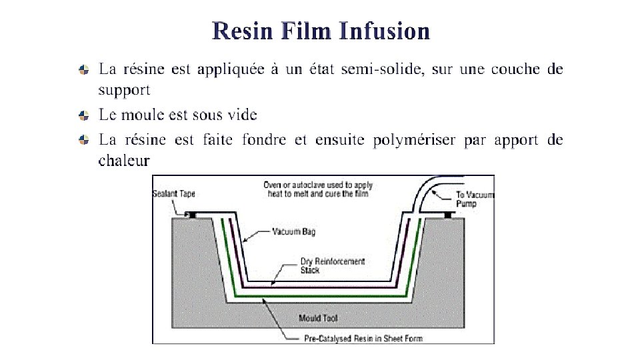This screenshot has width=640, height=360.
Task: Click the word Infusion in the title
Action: pyautogui.click(x=384, y=31)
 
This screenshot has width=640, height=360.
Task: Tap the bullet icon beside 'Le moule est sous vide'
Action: pyautogui.click(x=83, y=115)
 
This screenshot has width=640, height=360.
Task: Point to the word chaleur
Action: pyautogui.click(x=124, y=161)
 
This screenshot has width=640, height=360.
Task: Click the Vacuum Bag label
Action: pyautogui.click(x=293, y=232)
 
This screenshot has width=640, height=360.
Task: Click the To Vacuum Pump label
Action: pyautogui.click(x=475, y=199)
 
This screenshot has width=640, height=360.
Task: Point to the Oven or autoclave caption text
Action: pyautogui.click(x=317, y=189)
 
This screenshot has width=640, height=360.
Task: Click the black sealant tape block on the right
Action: pyautogui.click(x=449, y=215)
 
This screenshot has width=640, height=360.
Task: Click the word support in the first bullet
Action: pyautogui.click(x=124, y=89)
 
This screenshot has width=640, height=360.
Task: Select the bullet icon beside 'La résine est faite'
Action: pyautogui.click(x=83, y=140)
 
